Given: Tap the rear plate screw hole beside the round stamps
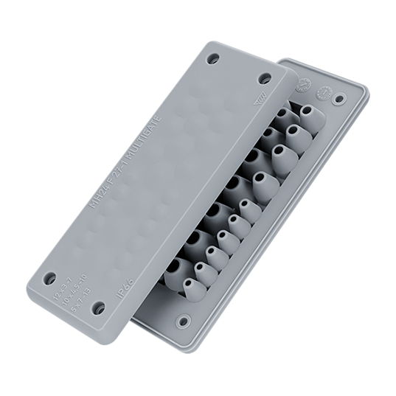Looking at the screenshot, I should (x=338, y=97).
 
